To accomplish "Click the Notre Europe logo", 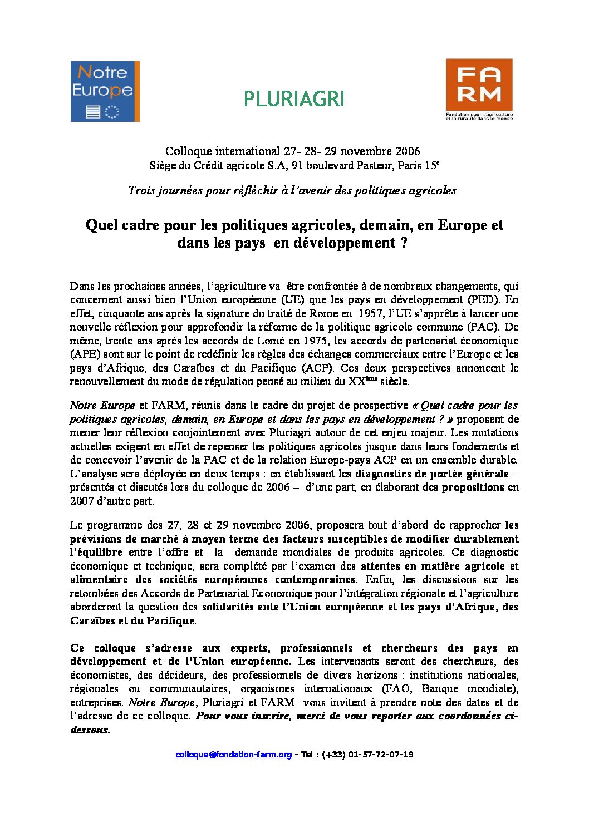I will click(x=105, y=91).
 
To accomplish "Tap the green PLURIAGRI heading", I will click(x=294, y=99).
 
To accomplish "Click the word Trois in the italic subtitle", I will click(x=141, y=190).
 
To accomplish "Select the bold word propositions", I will click(x=473, y=487).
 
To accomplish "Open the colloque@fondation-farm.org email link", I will click(x=233, y=755).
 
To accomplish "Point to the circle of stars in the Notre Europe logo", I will click(x=112, y=111).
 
